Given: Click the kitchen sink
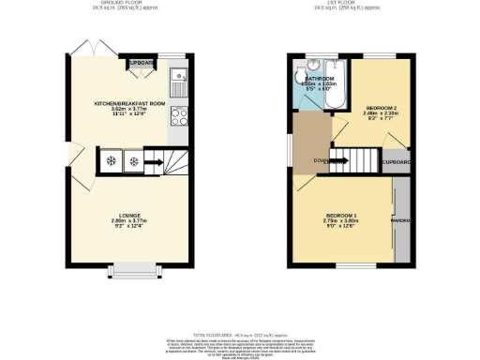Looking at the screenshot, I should [179, 77].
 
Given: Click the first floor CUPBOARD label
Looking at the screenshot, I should [397, 162].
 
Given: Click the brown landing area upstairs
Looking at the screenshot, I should [311, 141].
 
